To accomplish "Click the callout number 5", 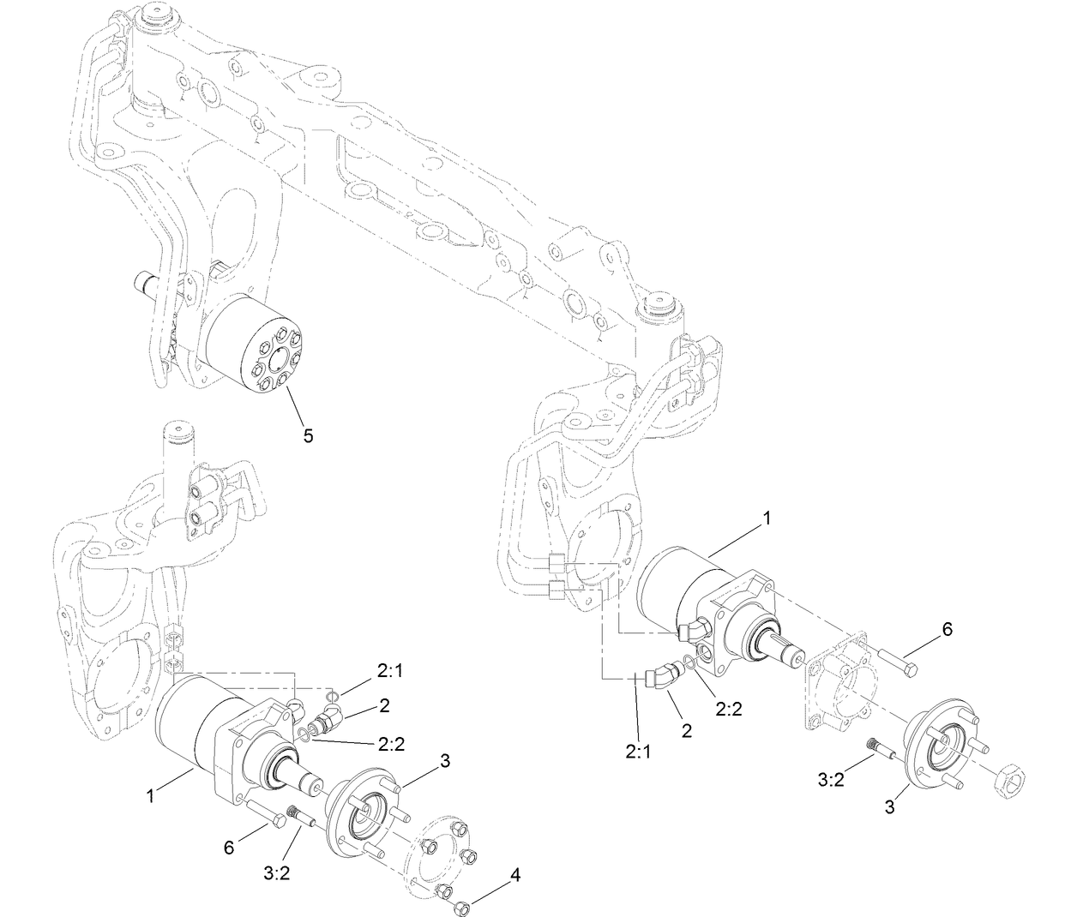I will [x=308, y=436].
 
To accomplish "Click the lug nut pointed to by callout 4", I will [x=460, y=902].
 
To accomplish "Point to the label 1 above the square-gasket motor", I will [x=767, y=518].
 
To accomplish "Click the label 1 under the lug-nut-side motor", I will [x=150, y=795].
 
